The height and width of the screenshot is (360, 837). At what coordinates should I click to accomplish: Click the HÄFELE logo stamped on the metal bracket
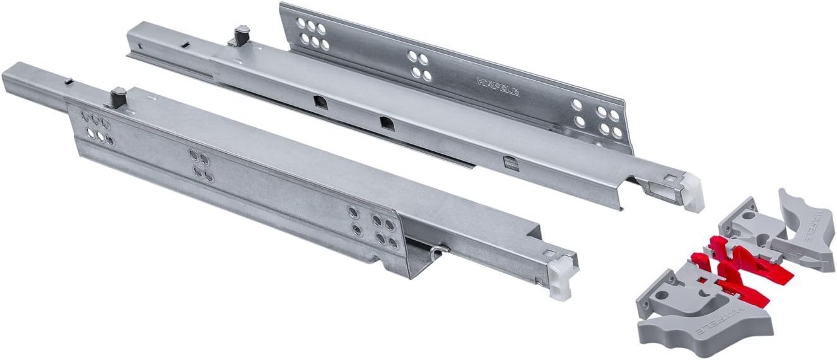click(x=498, y=86)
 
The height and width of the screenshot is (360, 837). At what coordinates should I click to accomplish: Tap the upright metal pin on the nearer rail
click(x=118, y=97)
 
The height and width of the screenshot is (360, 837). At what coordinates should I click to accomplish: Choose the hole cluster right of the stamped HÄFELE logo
click(x=591, y=117)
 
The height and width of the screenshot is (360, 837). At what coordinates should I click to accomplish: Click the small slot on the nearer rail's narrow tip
click(x=67, y=81)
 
